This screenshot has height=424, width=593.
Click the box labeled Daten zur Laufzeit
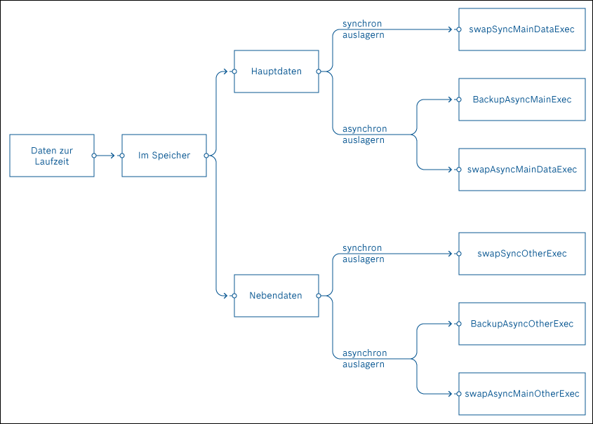click(x=52, y=156)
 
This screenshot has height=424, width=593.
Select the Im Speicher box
click(x=164, y=156)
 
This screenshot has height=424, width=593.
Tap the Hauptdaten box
click(x=276, y=71)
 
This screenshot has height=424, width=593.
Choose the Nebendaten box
click(x=276, y=296)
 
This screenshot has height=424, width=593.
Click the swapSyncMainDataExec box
click(x=521, y=29)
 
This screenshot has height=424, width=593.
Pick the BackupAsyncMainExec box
click(x=521, y=100)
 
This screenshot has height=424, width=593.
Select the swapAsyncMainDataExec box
click(x=521, y=170)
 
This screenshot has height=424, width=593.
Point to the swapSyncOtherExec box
click(x=521, y=254)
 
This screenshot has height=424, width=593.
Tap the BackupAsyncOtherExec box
click(x=521, y=324)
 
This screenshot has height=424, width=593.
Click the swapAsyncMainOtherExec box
click(x=521, y=394)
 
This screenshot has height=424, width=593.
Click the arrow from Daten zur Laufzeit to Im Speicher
click(x=107, y=156)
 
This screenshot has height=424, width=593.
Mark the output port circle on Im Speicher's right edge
click(x=206, y=156)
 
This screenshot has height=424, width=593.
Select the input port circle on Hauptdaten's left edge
click(x=234, y=71)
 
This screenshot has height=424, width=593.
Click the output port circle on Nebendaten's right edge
click(x=319, y=296)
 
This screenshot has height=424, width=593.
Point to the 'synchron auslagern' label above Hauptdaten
click(x=363, y=29)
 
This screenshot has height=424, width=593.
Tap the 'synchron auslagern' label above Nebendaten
click(x=363, y=254)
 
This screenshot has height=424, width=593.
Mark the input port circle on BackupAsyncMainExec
click(x=459, y=100)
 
